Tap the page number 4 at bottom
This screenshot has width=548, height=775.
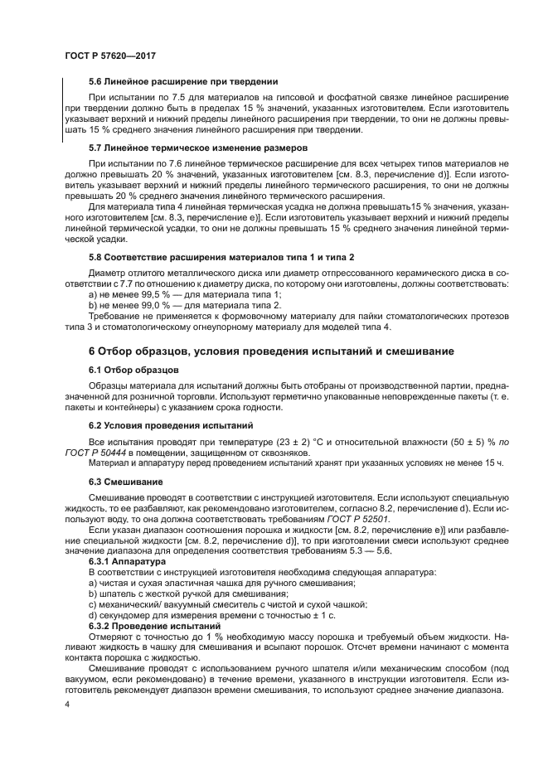(x=67, y=704)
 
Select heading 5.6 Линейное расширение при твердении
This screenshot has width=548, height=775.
(x=182, y=81)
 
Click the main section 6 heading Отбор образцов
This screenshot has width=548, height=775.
(x=271, y=351)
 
